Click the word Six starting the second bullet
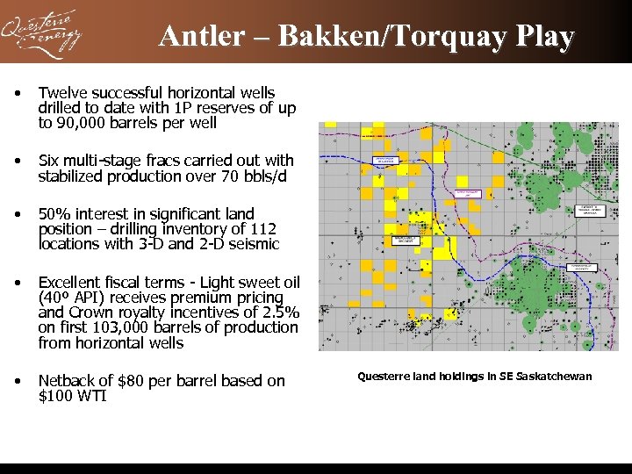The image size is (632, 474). click(x=49, y=161)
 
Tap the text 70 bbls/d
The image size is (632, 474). click(x=255, y=176)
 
